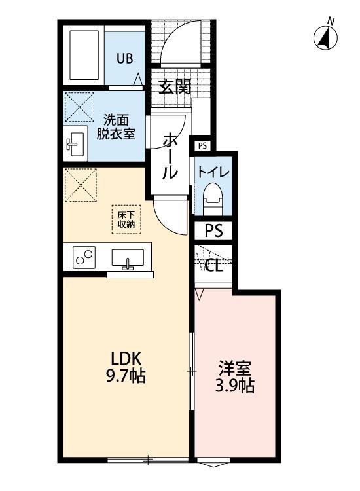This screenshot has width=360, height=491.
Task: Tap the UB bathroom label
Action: [x=124, y=58]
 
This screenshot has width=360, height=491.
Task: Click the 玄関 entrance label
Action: [x=175, y=86]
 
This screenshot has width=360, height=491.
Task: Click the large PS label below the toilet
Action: [x=213, y=231]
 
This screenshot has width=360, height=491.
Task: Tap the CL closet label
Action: [x=213, y=265]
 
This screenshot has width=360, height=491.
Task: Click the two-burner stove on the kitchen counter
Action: [x=84, y=257]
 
